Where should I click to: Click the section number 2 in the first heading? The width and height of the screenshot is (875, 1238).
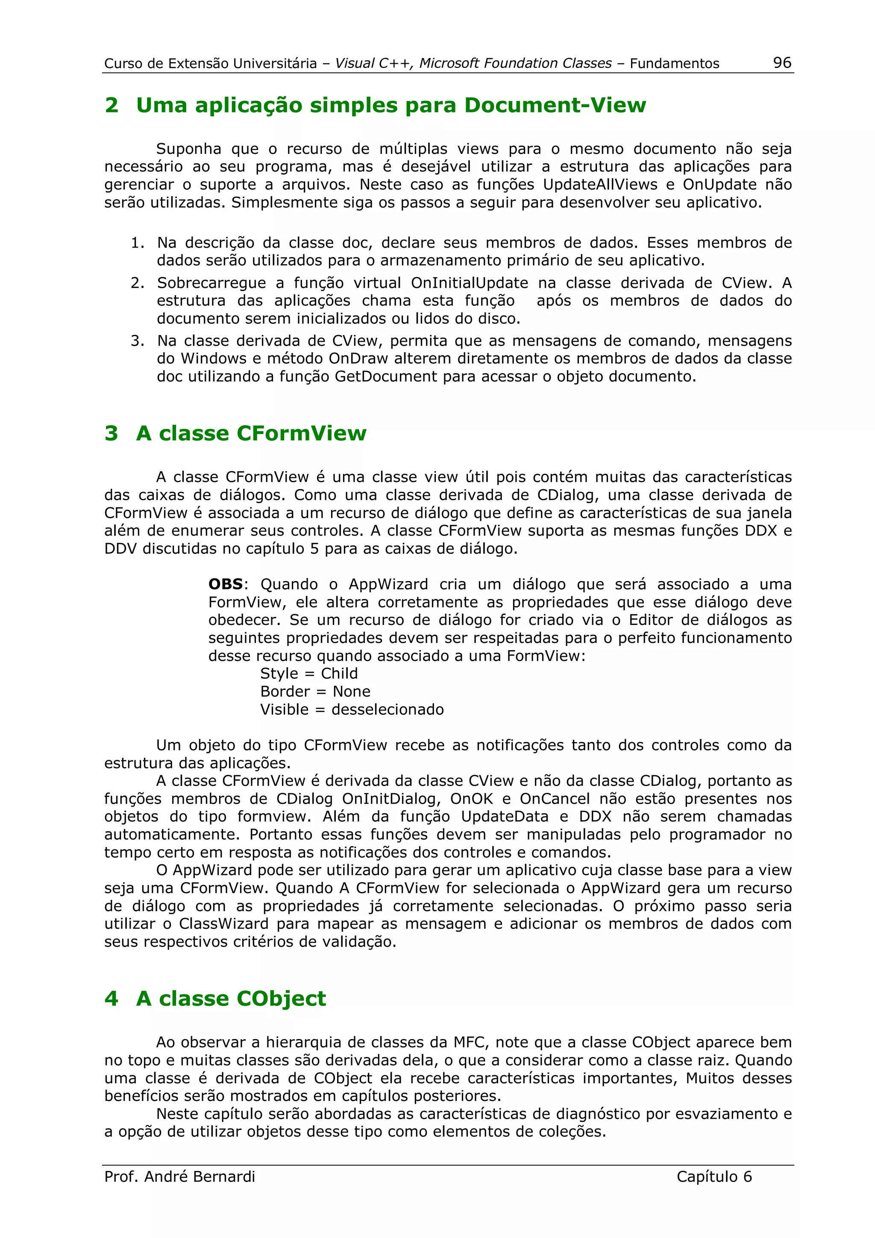[x=112, y=105]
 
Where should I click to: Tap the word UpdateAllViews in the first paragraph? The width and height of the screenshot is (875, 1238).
[x=600, y=185]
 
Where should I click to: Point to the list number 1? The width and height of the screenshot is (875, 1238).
[x=137, y=243]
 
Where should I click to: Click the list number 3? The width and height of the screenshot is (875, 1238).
[x=137, y=341]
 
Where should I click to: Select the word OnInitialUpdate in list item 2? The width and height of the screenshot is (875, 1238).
[x=469, y=283]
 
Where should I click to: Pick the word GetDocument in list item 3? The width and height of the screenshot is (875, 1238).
[x=385, y=376]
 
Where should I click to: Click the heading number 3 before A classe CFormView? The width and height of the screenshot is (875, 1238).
[x=112, y=433]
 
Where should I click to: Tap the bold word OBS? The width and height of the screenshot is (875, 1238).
[x=225, y=584]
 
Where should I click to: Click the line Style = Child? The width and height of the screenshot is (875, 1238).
[x=309, y=673]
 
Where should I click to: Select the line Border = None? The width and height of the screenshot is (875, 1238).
[x=315, y=691]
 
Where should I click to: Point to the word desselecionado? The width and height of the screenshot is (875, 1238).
[x=388, y=710]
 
